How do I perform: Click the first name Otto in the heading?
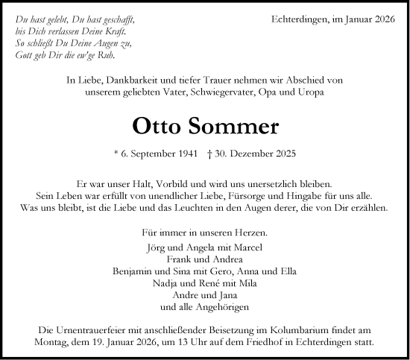coord(157,125)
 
